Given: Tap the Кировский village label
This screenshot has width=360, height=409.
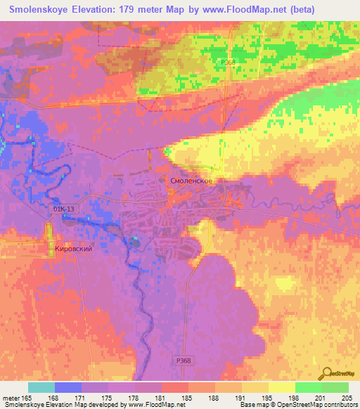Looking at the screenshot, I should [74, 249].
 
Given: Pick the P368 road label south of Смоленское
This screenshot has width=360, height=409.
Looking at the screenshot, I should [183, 361].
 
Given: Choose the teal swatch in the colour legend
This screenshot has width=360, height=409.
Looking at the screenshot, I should [41, 387].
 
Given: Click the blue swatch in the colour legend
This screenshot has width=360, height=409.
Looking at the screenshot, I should [68, 387].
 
